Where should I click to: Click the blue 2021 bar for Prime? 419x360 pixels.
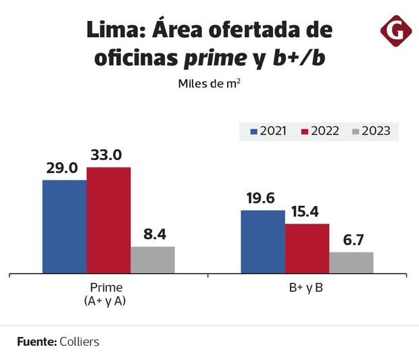(x=64, y=227)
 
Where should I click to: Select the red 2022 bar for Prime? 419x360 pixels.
(x=108, y=220)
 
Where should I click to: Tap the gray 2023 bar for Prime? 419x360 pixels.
(x=153, y=260)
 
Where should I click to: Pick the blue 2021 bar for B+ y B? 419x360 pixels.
(x=263, y=242)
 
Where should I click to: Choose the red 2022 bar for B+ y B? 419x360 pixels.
(x=307, y=249)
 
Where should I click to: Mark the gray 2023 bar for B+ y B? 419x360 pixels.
(x=351, y=263)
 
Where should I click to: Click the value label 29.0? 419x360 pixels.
(x=62, y=168)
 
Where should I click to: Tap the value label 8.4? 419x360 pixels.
(x=155, y=234)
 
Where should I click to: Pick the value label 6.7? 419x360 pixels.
(x=352, y=240)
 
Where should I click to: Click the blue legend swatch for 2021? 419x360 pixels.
(x=254, y=131)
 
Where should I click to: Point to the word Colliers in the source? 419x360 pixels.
(x=79, y=342)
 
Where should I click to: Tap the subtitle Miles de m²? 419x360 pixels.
(x=209, y=84)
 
